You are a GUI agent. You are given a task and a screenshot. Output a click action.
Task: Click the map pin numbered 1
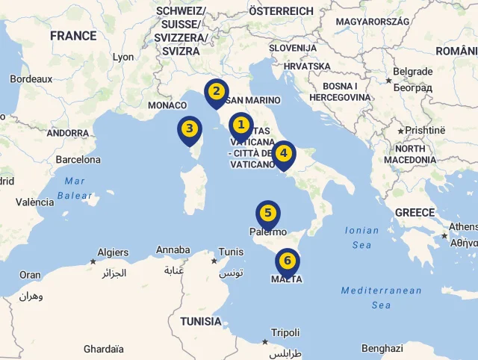[x=240, y=125]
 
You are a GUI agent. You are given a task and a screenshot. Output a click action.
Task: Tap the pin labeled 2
[x=216, y=92]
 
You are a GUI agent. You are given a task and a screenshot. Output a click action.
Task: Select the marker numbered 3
[x=190, y=128]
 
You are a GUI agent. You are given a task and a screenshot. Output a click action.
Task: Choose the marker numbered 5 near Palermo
[x=267, y=213]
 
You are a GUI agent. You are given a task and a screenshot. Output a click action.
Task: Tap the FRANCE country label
[x=73, y=35]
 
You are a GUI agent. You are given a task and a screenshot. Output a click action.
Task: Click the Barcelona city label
[x=78, y=159]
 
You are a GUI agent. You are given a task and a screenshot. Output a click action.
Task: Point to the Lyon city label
[x=123, y=57]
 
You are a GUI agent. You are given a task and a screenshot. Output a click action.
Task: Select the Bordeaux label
[x=31, y=78]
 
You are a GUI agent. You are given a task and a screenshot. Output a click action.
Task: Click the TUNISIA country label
[x=200, y=321]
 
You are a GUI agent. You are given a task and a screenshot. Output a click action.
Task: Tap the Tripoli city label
[x=285, y=332]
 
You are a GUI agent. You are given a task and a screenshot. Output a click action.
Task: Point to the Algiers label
[x=114, y=252]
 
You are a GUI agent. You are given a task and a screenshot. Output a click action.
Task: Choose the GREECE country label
[x=415, y=212]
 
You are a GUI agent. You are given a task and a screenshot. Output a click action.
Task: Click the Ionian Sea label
[x=362, y=238]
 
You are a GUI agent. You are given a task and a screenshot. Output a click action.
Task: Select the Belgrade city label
[x=412, y=72]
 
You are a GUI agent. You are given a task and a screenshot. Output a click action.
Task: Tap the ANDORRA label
[x=68, y=133]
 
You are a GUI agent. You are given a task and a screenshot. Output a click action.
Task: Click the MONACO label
[x=167, y=105]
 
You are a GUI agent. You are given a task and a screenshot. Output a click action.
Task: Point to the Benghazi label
[x=382, y=348]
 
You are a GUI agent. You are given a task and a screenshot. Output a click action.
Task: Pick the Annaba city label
[x=173, y=250]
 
